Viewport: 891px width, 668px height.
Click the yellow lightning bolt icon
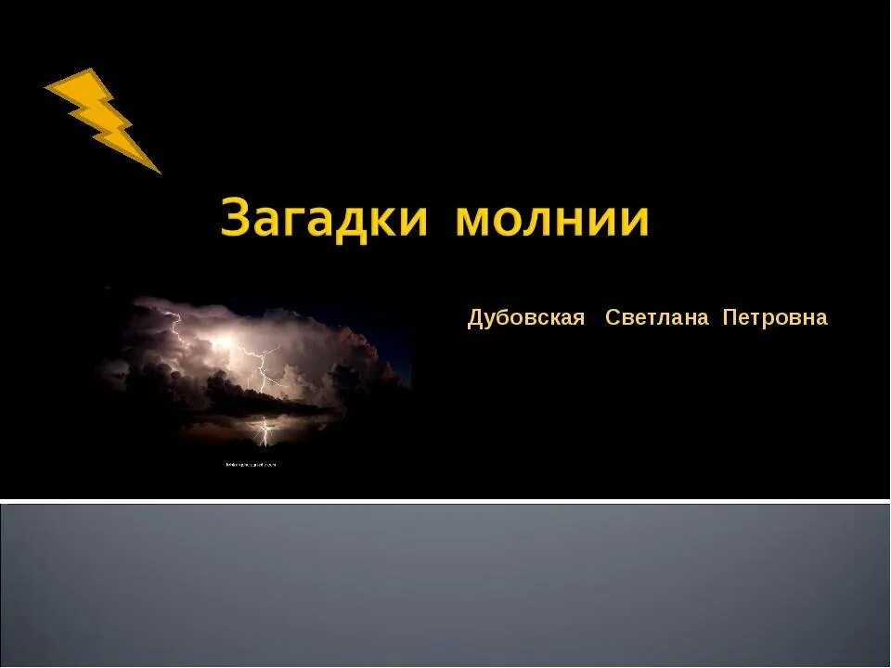(x=100, y=115)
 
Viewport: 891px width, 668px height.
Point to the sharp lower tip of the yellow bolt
(x=159, y=172)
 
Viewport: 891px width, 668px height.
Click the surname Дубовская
(x=526, y=318)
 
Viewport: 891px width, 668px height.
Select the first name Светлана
(x=656, y=318)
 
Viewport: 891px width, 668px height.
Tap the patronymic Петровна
(x=775, y=318)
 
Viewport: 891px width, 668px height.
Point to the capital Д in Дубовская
(x=475, y=319)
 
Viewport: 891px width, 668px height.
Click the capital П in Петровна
(x=730, y=318)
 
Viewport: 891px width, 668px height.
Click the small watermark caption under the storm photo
(x=251, y=464)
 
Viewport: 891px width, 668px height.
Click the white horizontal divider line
(x=445, y=501)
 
